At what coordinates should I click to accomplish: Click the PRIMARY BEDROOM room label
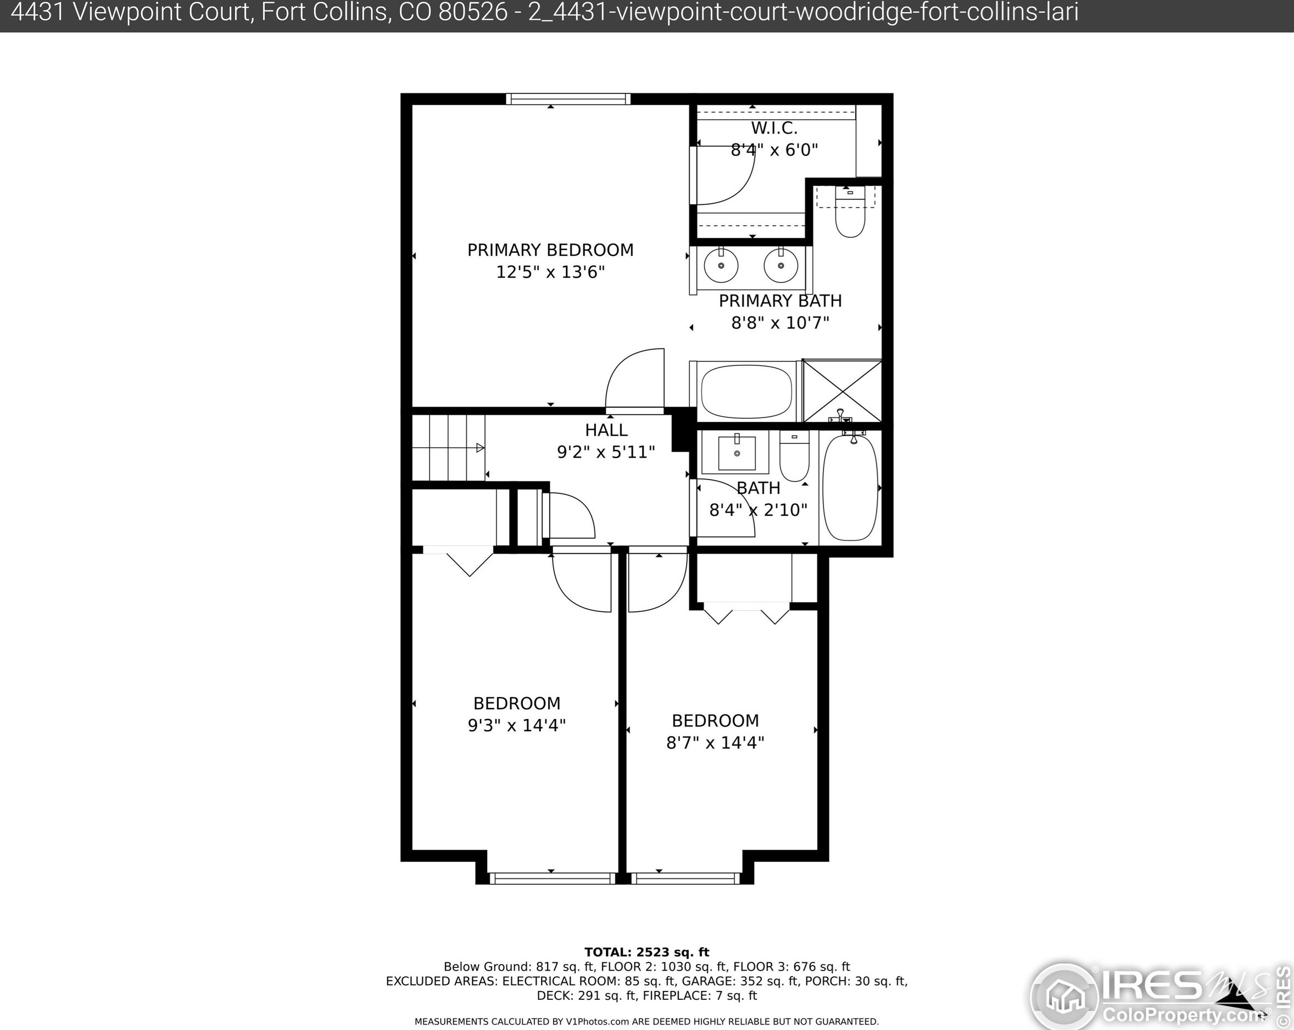(x=550, y=250)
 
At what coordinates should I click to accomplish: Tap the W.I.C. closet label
(x=774, y=128)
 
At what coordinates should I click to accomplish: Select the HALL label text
(x=606, y=430)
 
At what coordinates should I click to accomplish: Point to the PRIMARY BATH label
(x=780, y=300)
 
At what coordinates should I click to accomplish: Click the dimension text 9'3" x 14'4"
(x=517, y=725)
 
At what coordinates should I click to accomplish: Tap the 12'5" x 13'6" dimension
(x=550, y=272)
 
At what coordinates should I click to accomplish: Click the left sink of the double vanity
(x=721, y=265)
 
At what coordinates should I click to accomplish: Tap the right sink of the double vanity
(x=781, y=265)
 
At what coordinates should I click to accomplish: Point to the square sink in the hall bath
(x=737, y=453)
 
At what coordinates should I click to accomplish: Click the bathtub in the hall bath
(x=850, y=488)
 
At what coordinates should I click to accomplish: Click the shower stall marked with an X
(x=842, y=391)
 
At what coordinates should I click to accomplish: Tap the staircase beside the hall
(x=448, y=447)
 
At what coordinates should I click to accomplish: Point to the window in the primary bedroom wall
(x=568, y=99)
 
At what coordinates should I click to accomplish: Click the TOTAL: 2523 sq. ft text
(x=646, y=952)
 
